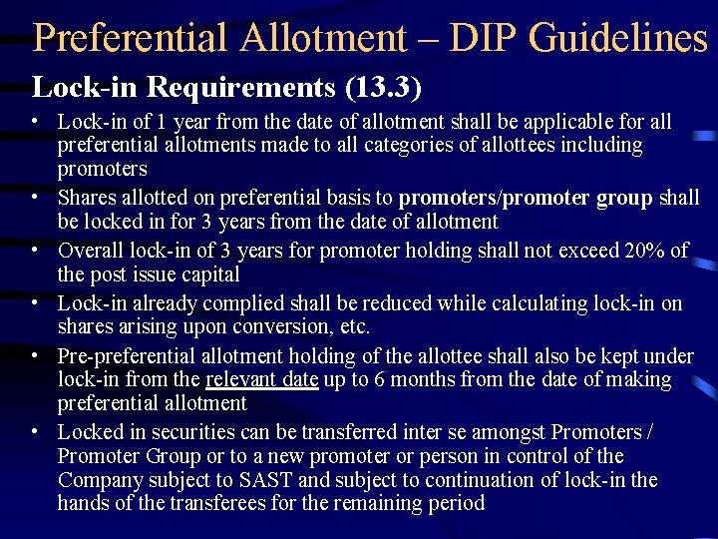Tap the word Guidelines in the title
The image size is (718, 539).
click(618, 38)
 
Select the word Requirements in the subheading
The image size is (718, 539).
click(239, 87)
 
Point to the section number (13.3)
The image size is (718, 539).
click(384, 87)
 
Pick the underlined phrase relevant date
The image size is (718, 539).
click(261, 379)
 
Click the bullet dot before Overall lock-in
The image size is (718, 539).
click(35, 250)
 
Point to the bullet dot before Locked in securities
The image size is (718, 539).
click(35, 431)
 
